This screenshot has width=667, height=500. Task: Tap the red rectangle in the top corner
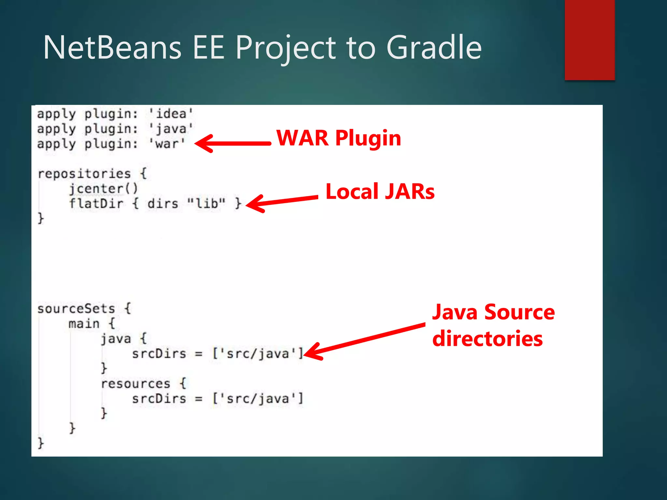[589, 40]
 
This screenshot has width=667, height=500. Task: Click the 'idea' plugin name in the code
[171, 114]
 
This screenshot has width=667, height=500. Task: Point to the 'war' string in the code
[167, 144]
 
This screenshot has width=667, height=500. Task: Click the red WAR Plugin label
[339, 138]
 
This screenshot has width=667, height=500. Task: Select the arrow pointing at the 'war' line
[233, 143]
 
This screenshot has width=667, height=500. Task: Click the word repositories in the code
[84, 174]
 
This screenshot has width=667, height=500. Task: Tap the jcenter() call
[103, 189]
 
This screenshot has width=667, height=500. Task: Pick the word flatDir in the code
[96, 204]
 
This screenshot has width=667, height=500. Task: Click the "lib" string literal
[206, 203]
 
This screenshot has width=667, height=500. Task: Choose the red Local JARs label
[380, 191]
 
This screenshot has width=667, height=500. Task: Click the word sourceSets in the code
[76, 309]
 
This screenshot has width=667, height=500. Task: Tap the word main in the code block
[84, 324]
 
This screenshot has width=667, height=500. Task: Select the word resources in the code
[135, 383]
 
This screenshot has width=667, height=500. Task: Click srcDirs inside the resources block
[159, 398]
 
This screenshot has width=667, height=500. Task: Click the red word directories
[487, 339]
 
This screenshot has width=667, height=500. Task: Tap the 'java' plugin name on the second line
[171, 129]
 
